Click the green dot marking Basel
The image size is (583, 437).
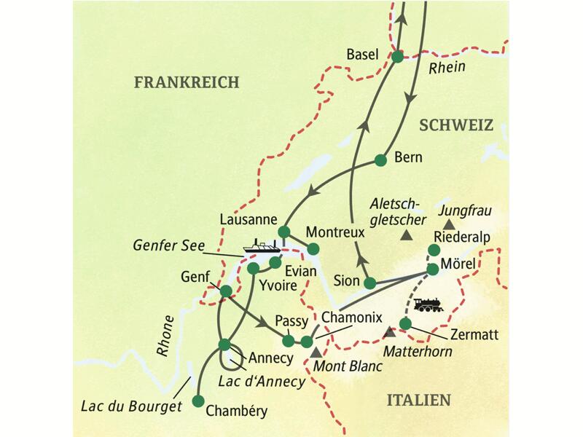[397, 57]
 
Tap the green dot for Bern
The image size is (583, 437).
[380, 160]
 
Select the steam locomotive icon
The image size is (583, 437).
[428, 304]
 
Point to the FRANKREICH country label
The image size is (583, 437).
[187, 83]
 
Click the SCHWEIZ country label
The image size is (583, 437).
[456, 125]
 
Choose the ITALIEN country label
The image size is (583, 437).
[418, 400]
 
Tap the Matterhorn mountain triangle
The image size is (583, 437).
[390, 332]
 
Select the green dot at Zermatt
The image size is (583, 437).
[406, 323]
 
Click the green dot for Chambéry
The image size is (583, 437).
[197, 401]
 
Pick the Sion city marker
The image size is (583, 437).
[370, 283]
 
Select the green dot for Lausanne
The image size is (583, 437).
[284, 232]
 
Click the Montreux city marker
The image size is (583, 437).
[313, 249]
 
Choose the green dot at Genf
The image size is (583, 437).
[226, 291]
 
